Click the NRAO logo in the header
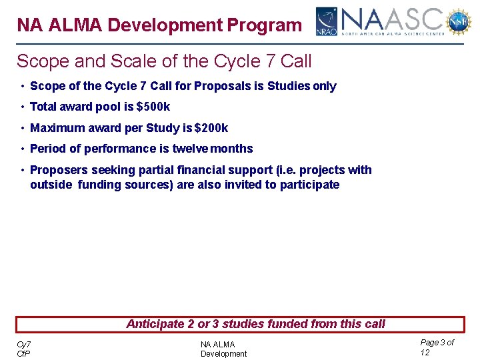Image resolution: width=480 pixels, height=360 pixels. (x=326, y=21)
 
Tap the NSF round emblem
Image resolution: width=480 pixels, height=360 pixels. (x=458, y=21)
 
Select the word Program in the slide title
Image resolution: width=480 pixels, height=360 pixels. (x=265, y=25)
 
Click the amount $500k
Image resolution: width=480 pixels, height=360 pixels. (x=153, y=107)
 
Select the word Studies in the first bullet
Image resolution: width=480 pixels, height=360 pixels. (x=288, y=86)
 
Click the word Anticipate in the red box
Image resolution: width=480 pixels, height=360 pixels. (x=155, y=324)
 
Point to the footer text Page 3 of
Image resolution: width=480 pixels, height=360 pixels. (x=437, y=342)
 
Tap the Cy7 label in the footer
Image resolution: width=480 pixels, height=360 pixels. (x=23, y=344)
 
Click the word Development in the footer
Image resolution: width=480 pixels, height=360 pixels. (x=223, y=354)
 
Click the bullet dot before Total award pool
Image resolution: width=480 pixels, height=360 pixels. (x=23, y=107)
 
